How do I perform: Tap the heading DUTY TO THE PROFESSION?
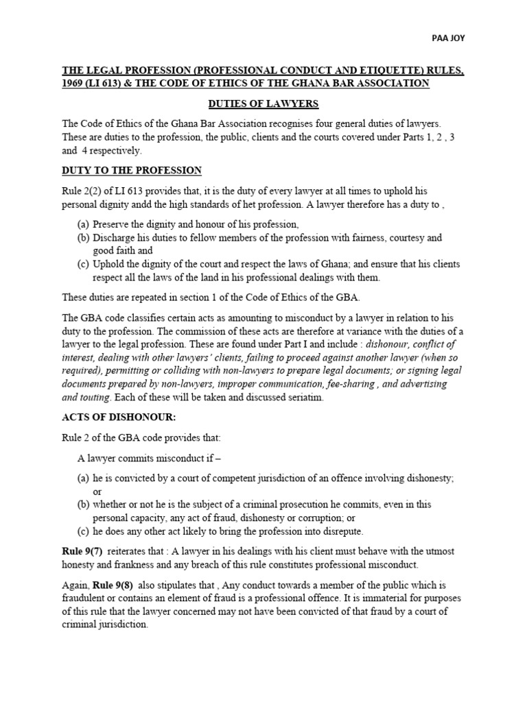point(132,170)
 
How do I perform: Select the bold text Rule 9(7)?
point(82,551)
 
